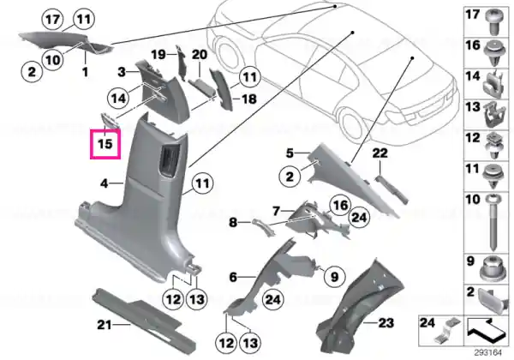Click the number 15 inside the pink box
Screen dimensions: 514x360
coord(105,144)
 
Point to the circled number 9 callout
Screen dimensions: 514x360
coord(334,277)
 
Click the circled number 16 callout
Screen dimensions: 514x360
coord(341,205)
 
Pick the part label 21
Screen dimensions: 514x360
coord(105,325)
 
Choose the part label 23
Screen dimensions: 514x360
coord(385,323)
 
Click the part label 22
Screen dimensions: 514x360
coord(380,153)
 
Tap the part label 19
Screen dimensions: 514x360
coord(158,54)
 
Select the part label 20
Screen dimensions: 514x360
coord(200,54)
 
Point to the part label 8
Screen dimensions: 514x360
coord(233,223)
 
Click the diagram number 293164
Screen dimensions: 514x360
coord(488,353)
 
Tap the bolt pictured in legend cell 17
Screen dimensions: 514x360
coord(494,21)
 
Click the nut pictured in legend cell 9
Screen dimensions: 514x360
coord(492,271)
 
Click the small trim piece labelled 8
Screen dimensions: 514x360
coord(262,227)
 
